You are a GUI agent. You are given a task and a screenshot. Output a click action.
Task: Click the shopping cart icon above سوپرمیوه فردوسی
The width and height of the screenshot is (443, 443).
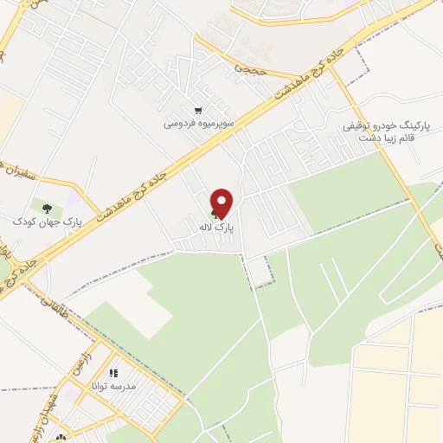(x=199, y=111)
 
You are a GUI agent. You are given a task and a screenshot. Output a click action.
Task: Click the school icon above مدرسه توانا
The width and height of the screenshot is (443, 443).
(x=113, y=373)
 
